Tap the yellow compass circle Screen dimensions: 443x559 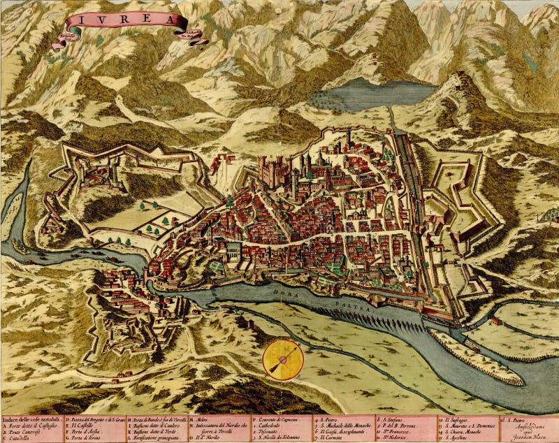(282, 358)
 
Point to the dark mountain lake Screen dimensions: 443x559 (371, 94)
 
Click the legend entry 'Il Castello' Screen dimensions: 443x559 (84, 425)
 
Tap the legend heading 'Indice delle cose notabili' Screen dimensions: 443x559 (31, 419)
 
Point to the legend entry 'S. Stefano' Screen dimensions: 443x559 (394, 419)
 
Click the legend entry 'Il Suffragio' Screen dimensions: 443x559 (458, 419)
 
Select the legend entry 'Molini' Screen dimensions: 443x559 (200, 419)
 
